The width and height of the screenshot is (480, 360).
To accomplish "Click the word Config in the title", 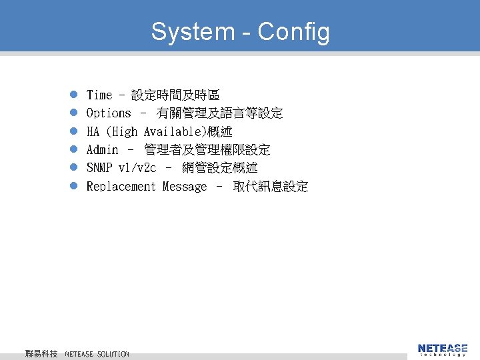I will (293, 32).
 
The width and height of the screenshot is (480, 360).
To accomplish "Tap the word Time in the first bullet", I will (99, 95).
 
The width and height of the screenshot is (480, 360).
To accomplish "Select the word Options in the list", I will (109, 113).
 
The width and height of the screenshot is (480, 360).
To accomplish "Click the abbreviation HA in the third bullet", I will (93, 132).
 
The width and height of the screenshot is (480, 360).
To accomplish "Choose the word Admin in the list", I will (103, 150).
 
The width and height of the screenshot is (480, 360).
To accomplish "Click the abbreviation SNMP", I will (99, 168).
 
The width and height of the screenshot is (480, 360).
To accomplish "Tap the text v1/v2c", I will (137, 168).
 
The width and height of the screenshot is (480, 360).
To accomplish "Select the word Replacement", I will (121, 187).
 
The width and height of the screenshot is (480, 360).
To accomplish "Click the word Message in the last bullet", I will (185, 187).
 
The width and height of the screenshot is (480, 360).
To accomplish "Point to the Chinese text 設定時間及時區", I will (175, 95).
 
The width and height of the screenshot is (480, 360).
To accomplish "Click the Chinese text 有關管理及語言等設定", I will (220, 113).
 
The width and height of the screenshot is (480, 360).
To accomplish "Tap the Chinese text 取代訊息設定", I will (271, 187).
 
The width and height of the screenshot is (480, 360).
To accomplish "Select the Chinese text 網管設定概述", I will (220, 168).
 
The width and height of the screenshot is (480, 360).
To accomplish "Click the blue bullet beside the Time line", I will (75, 95).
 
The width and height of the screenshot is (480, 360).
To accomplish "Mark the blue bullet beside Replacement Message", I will (75, 187).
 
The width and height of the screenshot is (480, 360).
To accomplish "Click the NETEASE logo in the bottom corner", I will (443, 349).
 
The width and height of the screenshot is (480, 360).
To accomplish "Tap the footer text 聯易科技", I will (41, 353).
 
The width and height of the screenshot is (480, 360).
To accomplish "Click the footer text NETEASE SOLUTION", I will (97, 353).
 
